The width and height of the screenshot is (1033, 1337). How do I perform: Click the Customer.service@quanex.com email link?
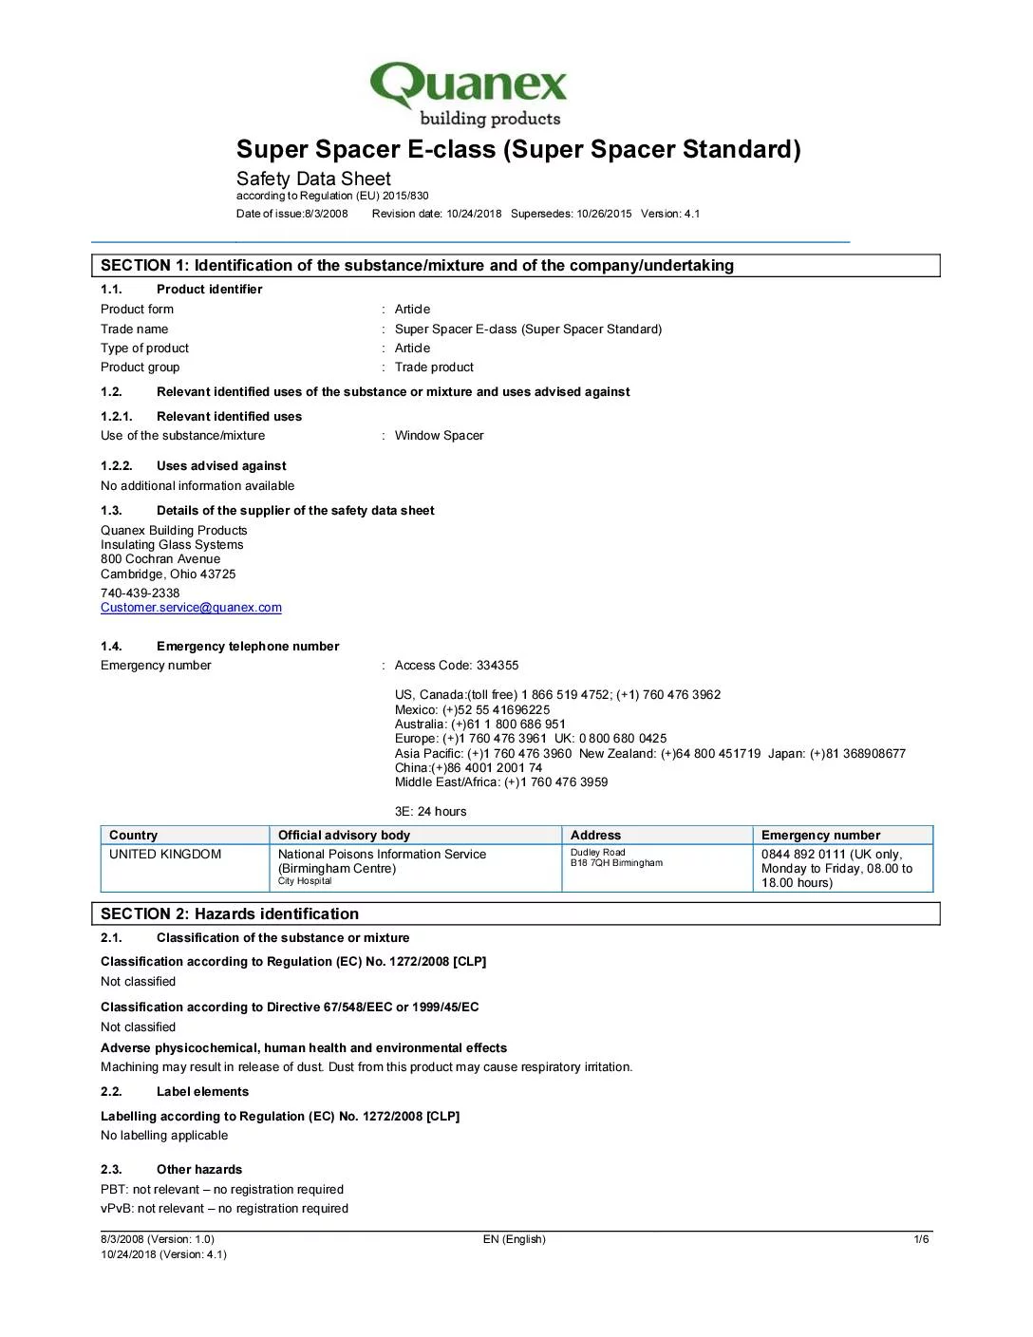(191, 608)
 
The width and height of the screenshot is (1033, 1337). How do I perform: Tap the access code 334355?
(498, 666)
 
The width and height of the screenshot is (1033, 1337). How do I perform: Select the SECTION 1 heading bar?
(516, 266)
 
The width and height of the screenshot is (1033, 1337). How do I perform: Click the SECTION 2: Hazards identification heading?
(230, 914)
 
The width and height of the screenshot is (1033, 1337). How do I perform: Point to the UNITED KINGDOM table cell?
(165, 855)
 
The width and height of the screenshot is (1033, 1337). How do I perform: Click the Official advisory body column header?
(344, 836)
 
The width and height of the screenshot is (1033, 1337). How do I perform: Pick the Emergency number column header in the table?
(820, 836)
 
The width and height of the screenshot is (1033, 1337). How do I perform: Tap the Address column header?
(595, 836)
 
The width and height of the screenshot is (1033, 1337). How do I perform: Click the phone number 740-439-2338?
(141, 593)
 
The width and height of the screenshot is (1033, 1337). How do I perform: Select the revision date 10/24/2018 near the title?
(474, 214)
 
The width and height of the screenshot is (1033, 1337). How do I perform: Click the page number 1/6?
(921, 1239)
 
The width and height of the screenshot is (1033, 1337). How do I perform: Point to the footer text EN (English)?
(514, 1239)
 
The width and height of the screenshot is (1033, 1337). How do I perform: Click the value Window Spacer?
(439, 436)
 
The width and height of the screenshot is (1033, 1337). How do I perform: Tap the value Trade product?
(434, 367)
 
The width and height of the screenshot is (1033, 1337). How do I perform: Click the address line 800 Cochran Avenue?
(160, 559)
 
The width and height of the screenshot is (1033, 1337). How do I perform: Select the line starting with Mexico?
(472, 710)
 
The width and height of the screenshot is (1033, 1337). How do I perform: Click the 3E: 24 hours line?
(430, 812)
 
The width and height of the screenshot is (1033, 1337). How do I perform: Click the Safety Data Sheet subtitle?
(313, 179)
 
